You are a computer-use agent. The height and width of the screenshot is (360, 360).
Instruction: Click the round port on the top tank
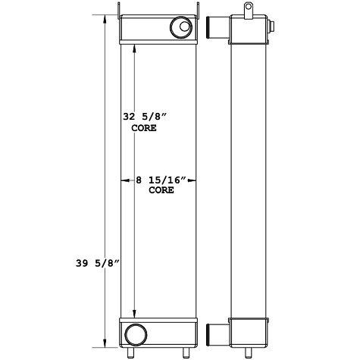pyautogui.click(x=183, y=29)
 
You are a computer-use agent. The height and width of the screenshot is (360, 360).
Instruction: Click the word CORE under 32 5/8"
pyautogui.click(x=143, y=129)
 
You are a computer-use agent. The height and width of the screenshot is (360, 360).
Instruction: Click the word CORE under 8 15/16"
pyautogui.click(x=160, y=191)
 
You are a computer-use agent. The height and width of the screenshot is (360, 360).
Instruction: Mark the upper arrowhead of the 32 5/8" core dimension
pyautogui.click(x=135, y=46)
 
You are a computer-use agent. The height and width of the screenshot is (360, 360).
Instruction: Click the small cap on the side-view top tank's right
pyautogui.click(x=271, y=29)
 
